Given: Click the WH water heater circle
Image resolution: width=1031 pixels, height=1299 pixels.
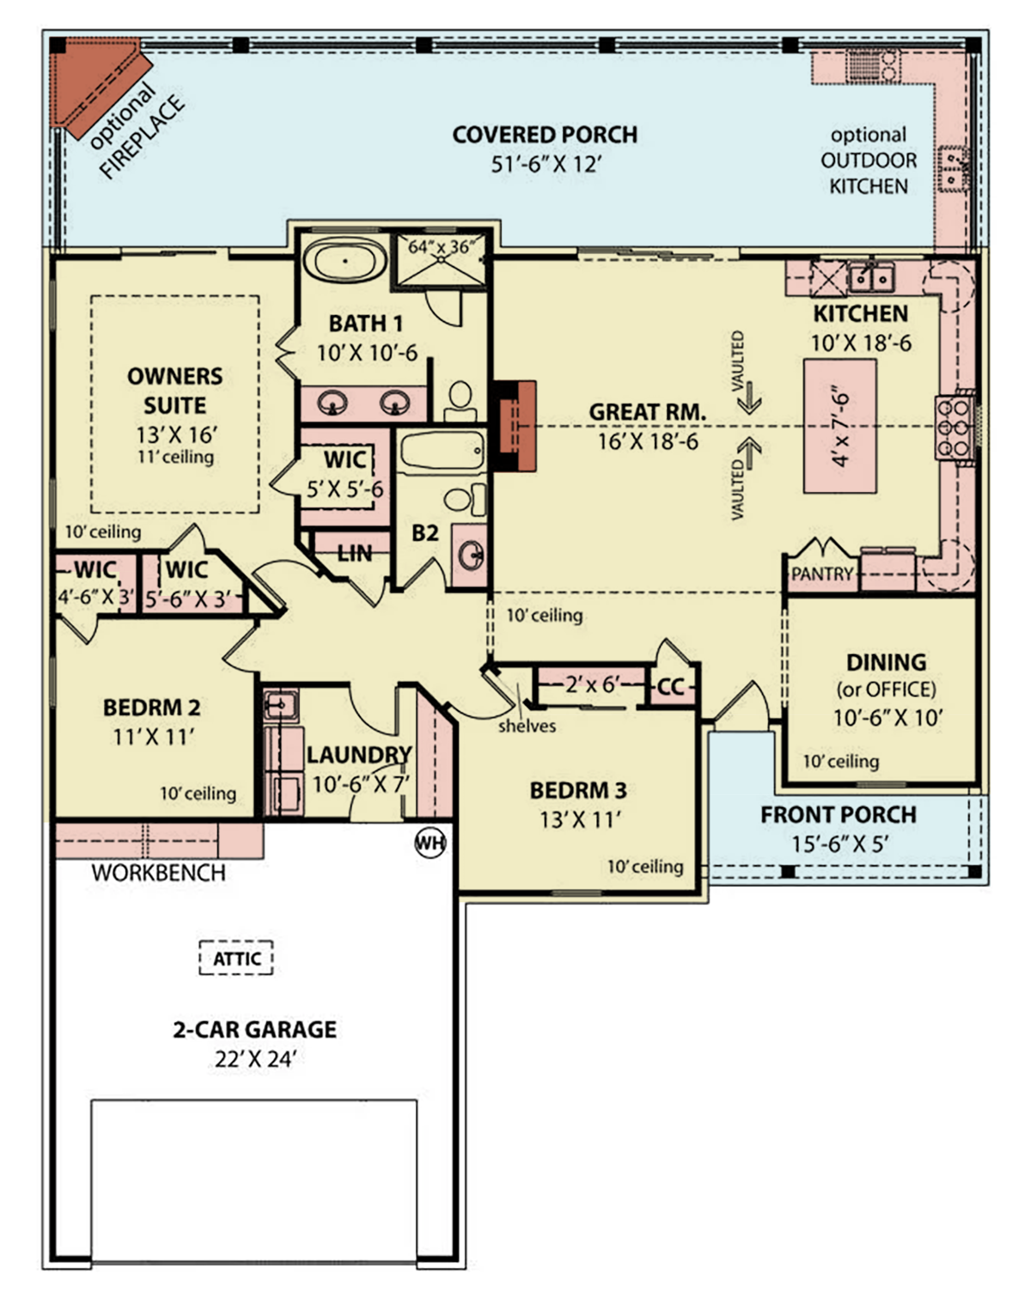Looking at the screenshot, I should coord(430,842).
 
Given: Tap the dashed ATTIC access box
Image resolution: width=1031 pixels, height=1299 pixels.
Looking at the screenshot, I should coord(236,958).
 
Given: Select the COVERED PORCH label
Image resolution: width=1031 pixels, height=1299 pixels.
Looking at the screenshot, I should coord(545,135).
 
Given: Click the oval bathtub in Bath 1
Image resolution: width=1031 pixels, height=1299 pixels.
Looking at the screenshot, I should coord(345,261).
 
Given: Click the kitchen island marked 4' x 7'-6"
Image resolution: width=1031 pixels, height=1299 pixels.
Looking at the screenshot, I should coord(839,426).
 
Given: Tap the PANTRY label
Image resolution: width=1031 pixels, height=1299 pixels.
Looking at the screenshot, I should coord(821,574).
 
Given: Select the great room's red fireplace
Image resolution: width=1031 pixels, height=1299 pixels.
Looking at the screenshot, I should coord(514,426).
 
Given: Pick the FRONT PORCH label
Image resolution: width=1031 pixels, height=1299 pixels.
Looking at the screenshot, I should coord(838,815).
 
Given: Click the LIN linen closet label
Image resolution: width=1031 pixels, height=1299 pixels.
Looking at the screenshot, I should coord(354,554).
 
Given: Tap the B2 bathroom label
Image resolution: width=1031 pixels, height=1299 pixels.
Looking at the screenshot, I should coord(424,533).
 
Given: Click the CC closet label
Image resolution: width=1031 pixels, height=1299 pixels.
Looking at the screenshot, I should coord(670,688).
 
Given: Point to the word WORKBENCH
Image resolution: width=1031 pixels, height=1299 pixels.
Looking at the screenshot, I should coord(158,873).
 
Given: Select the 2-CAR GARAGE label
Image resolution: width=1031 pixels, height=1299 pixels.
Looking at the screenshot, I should coord(254,1029).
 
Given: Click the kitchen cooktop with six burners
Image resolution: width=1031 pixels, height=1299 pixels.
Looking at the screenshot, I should coord(953,427).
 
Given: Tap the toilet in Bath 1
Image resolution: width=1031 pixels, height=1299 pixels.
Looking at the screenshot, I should coord(461,400).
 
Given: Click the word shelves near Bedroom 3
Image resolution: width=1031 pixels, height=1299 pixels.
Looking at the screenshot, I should coord(527,726).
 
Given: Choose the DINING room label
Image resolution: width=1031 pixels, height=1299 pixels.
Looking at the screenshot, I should coord(886,662).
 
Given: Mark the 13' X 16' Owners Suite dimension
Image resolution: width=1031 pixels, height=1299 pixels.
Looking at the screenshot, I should coord(176,434).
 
